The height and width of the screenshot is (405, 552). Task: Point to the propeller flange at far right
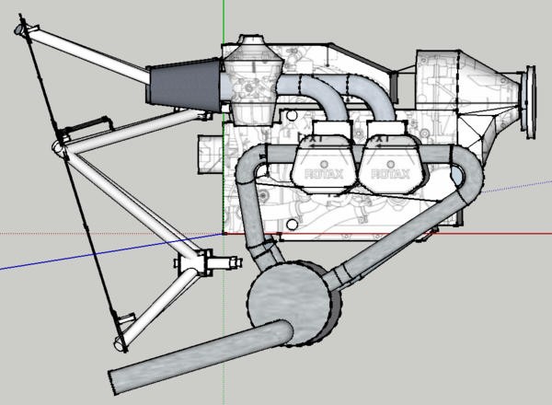coord(528,101)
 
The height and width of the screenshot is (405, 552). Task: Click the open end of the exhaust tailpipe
coord(114,377)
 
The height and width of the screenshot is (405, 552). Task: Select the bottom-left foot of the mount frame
coord(120,345)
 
